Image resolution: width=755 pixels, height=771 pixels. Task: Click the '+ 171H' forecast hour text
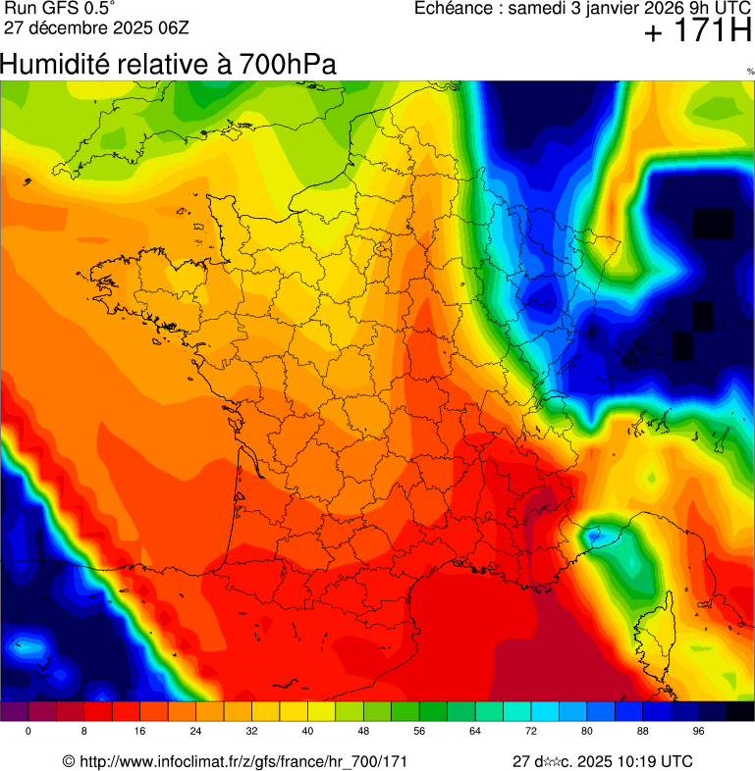click(698, 32)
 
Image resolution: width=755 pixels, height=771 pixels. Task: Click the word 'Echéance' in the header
click(456, 9)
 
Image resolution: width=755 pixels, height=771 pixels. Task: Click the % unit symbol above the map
click(749, 72)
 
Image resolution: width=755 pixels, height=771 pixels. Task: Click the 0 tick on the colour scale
click(27, 732)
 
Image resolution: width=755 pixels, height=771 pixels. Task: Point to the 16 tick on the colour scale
click(139, 732)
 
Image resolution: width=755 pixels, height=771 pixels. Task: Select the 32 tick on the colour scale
click(252, 732)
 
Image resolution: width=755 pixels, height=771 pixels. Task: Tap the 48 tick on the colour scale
click(364, 732)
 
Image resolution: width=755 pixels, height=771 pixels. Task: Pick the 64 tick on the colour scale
click(476, 732)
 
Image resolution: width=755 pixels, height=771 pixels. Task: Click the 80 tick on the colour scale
click(588, 732)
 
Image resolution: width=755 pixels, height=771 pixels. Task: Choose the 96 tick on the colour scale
click(699, 732)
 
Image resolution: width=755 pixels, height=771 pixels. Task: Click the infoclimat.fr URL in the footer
click(243, 761)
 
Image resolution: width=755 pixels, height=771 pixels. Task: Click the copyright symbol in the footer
click(68, 761)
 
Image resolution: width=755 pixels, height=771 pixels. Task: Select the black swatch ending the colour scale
click(740, 712)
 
